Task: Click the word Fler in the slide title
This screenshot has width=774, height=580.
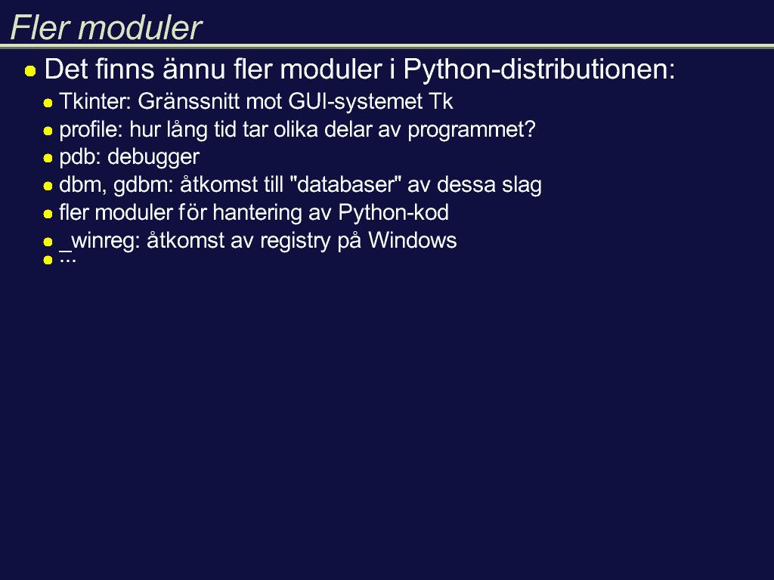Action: [x=39, y=27]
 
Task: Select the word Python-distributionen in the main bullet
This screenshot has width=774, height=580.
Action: [x=539, y=69]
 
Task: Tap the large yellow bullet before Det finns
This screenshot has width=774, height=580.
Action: [x=30, y=71]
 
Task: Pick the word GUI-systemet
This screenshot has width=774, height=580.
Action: [x=355, y=102]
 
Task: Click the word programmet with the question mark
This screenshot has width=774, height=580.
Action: [x=472, y=130]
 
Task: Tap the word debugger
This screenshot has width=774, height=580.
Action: [x=153, y=157]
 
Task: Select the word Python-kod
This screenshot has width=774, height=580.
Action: [x=393, y=213]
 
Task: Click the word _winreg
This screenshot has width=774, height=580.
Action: [x=100, y=241]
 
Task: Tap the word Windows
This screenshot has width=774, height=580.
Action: [x=412, y=241]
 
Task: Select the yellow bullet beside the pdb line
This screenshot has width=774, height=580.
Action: [x=48, y=159]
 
